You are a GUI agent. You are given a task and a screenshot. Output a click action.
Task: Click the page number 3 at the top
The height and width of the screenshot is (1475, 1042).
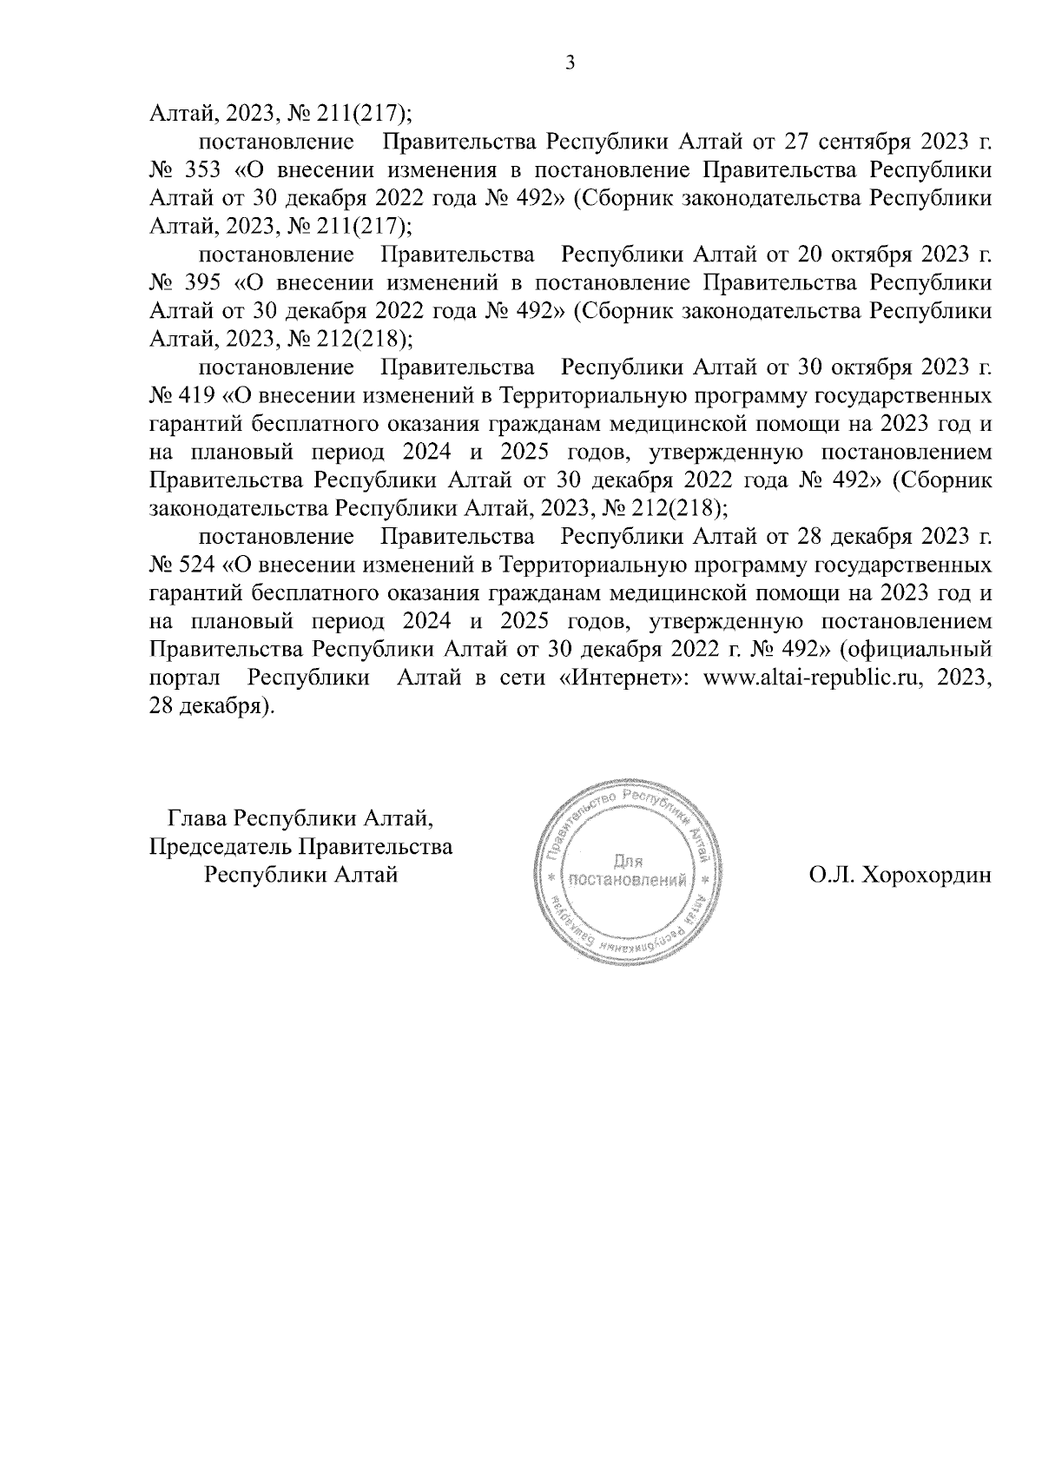coord(569,63)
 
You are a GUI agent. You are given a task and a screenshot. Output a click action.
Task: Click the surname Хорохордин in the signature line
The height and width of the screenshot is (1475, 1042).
coord(924,876)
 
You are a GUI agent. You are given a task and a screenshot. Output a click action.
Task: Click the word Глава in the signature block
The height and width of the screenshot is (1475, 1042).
coord(199,817)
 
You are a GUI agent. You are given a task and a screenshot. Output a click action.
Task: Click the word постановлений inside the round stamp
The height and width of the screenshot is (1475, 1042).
coord(627,880)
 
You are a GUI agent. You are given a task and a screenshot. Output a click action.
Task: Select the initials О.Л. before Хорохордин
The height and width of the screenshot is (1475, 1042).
coord(831,876)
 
